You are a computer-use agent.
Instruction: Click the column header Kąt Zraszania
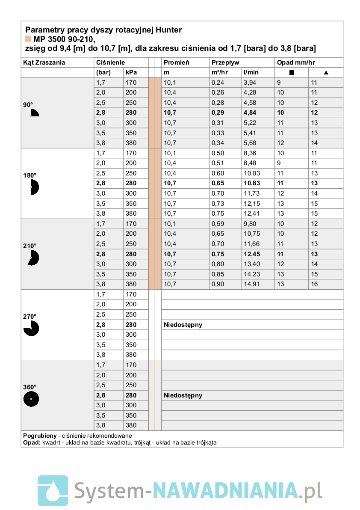tap(44, 62)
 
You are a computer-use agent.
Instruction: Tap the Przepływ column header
tap(225, 62)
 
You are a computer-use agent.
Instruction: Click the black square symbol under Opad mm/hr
tap(292, 73)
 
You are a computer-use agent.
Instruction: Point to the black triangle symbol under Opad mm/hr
tap(326, 73)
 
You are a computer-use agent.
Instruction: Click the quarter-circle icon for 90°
tap(34, 113)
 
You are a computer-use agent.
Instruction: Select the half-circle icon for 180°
tap(34, 187)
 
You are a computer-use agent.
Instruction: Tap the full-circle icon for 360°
tap(31, 399)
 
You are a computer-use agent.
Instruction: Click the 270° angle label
tap(30, 317)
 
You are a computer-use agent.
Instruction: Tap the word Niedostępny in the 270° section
tap(183, 325)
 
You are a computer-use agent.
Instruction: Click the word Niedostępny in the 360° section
tap(183, 395)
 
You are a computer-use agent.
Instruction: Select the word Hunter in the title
tap(168, 30)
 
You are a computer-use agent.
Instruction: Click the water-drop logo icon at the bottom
tap(53, 490)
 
